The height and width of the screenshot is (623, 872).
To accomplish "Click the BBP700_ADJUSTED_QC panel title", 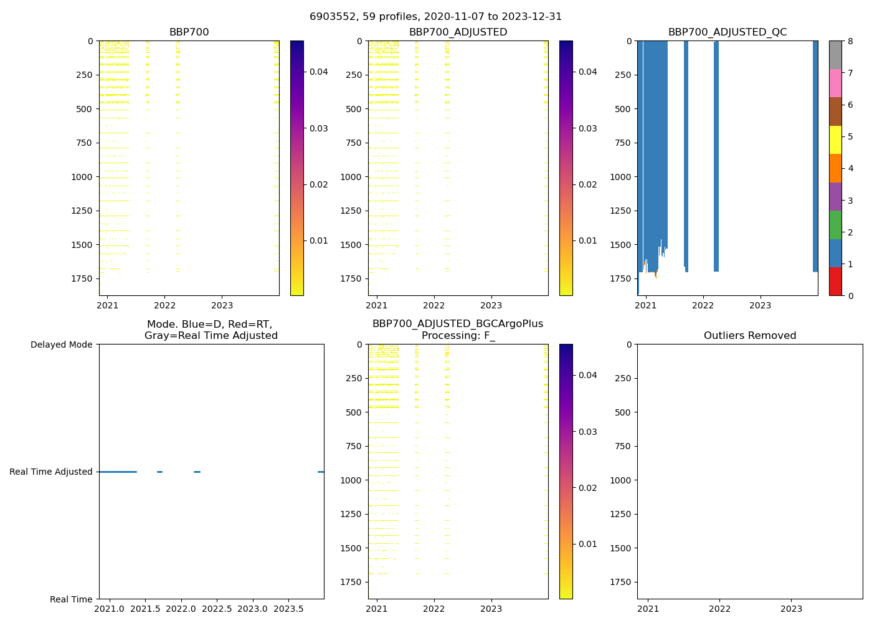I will click(727, 32).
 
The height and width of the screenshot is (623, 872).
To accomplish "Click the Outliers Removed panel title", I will click(750, 336).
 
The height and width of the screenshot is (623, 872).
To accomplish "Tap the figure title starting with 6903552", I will click(435, 17).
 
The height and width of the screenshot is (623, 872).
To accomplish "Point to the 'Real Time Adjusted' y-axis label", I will click(51, 472).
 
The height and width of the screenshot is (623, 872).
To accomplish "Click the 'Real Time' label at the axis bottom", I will click(71, 599).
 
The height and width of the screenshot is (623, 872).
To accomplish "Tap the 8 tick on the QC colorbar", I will click(851, 41).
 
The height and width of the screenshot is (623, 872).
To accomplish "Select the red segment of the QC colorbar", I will click(835, 282).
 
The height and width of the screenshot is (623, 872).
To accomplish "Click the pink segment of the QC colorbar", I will click(835, 83).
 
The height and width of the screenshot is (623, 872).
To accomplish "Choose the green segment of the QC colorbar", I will click(835, 225).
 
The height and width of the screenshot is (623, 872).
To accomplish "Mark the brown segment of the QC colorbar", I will click(835, 112).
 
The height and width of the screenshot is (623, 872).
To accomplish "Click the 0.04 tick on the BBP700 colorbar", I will click(319, 72).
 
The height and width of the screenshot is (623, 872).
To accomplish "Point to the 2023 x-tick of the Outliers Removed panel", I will click(792, 609).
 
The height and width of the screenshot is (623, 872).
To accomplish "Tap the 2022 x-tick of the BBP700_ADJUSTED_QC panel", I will click(703, 305).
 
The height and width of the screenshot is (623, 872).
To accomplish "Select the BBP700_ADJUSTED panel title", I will click(458, 32).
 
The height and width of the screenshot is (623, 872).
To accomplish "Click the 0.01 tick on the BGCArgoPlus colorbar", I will click(588, 544).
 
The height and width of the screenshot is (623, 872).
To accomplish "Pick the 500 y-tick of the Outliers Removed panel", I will click(625, 412).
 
